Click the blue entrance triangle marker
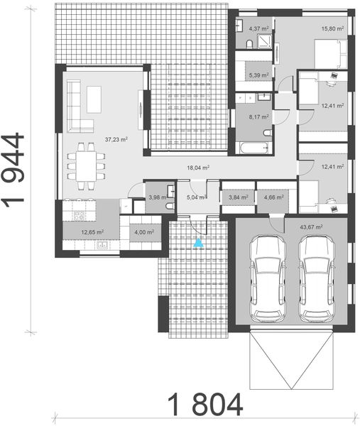(x=200, y=244)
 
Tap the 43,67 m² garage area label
(x=312, y=227)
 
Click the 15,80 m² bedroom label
(x=332, y=29)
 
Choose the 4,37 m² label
(x=258, y=29)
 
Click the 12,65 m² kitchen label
(x=92, y=231)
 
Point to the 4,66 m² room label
(x=273, y=198)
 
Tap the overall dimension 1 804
(x=206, y=405)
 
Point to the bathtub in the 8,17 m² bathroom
(x=253, y=149)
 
